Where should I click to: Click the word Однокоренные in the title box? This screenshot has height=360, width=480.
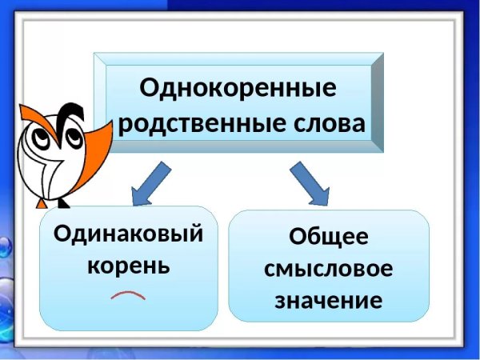pyautogui.click(x=238, y=87)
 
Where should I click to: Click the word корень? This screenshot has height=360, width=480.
pyautogui.click(x=128, y=265)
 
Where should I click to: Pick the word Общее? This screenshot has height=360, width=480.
pyautogui.click(x=329, y=238)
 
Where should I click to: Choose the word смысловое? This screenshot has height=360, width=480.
pyautogui.click(x=329, y=270)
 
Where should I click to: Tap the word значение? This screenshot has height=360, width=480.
pyautogui.click(x=329, y=301)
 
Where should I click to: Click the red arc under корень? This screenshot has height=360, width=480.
pyautogui.click(x=128, y=297)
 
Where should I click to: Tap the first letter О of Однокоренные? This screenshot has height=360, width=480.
pyautogui.click(x=149, y=87)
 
